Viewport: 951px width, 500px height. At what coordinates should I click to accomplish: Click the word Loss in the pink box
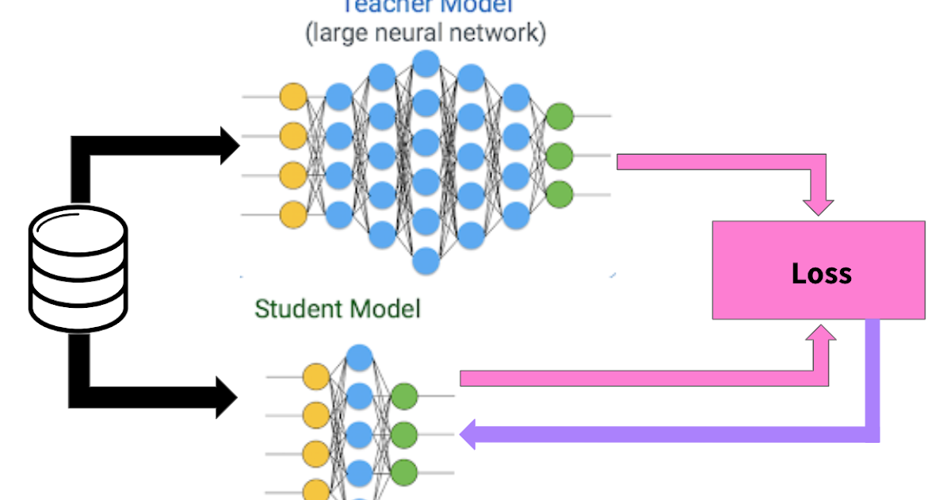tap(821, 274)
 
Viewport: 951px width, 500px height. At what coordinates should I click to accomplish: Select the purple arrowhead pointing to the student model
tap(468, 434)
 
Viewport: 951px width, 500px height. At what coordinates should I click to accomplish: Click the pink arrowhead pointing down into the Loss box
tap(818, 206)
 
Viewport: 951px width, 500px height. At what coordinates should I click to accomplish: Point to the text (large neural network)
tap(426, 34)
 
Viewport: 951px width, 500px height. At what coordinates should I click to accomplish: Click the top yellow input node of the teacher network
tap(292, 96)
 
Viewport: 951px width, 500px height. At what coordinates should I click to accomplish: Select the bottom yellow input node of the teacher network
tap(292, 213)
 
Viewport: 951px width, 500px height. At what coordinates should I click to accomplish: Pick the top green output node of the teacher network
tap(560, 117)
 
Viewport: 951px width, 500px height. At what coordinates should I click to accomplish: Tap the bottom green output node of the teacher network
tap(560, 194)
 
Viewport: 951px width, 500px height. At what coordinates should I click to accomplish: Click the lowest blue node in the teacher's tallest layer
tap(426, 260)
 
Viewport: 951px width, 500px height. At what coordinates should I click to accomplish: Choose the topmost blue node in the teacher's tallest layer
tap(426, 63)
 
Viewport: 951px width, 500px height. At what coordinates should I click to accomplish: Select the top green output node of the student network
tap(404, 395)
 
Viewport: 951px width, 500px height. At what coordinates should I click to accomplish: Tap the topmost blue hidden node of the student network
tap(360, 356)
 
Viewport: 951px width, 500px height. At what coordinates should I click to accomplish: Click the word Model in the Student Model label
tap(384, 309)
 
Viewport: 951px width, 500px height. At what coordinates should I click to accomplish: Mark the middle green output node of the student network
tap(404, 434)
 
